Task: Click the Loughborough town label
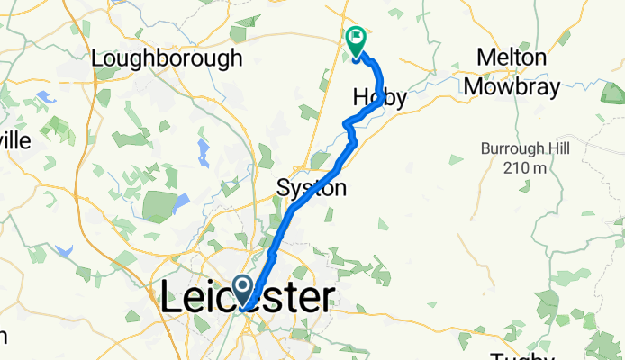(168, 58)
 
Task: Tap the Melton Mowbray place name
(512, 72)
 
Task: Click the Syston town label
(311, 188)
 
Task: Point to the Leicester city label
(248, 299)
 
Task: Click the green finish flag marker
(356, 40)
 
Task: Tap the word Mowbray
(512, 87)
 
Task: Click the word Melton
(512, 58)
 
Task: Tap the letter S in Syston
(283, 188)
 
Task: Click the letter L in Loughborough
(98, 58)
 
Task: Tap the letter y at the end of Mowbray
(552, 89)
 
